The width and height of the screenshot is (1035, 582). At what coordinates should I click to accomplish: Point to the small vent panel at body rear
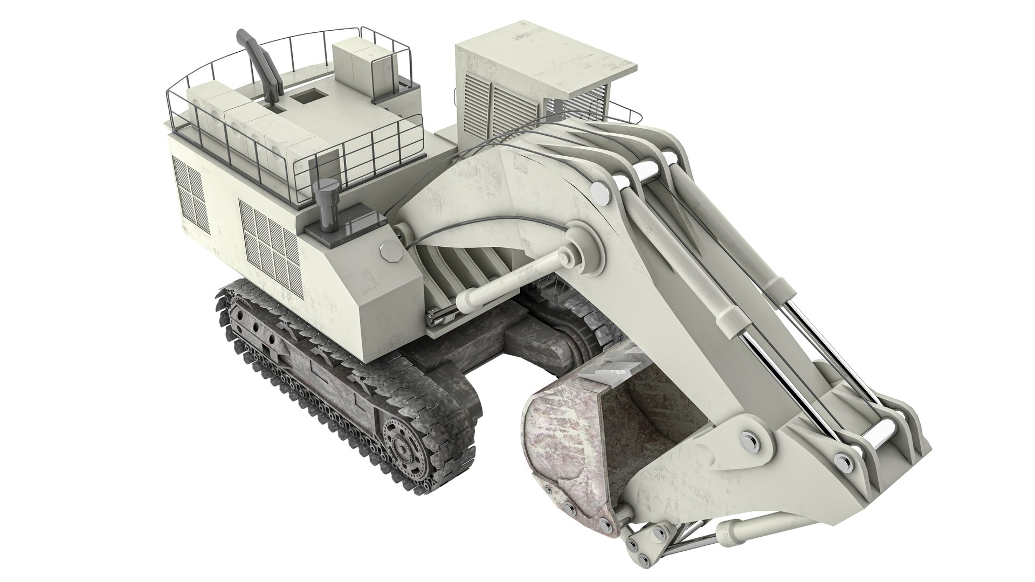point(190,194)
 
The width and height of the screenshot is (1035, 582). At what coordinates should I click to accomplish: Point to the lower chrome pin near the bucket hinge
point(841,460)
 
